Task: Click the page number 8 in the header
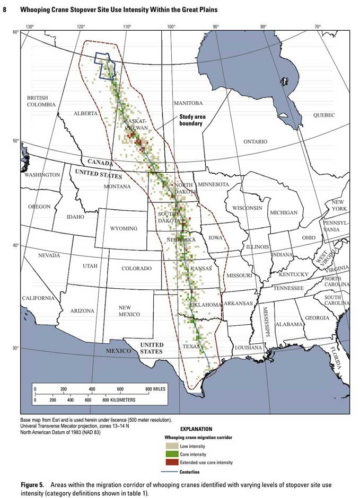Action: (5, 10)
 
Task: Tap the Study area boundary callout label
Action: (192, 120)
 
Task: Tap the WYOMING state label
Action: (123, 228)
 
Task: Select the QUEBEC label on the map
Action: (324, 115)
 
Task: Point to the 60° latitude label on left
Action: (15, 32)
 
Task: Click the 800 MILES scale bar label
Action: (155, 389)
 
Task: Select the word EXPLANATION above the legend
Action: (196, 429)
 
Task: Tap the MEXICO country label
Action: (117, 351)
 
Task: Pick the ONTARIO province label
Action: (256, 141)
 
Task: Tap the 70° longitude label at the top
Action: (317, 26)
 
